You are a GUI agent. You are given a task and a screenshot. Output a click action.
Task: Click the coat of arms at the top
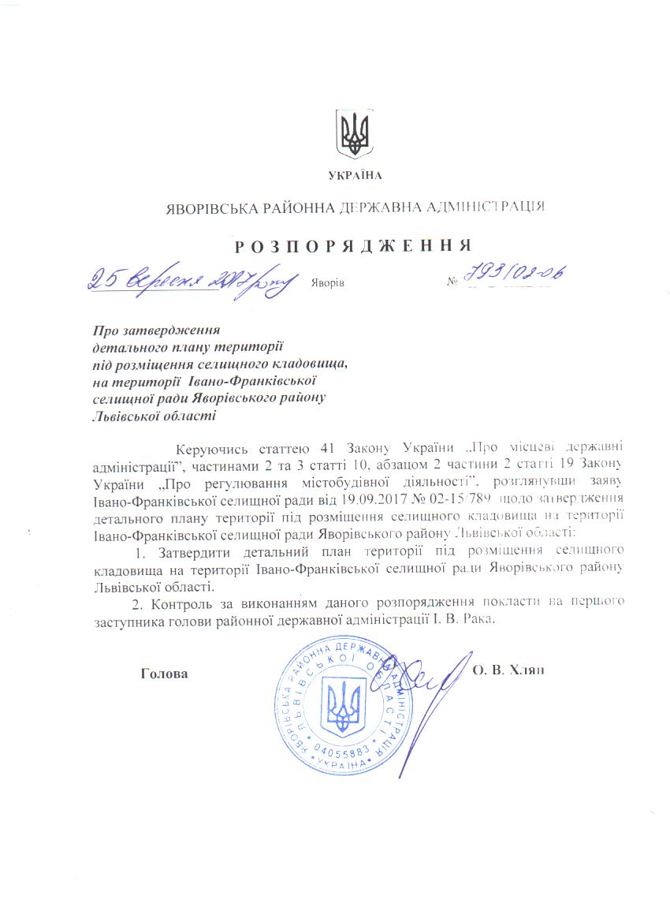pos(352,133)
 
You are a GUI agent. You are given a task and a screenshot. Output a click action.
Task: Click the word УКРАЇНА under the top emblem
pos(352,174)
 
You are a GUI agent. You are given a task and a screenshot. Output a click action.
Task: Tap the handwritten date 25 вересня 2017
pos(189,278)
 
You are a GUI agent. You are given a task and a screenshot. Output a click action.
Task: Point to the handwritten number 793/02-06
pos(516,275)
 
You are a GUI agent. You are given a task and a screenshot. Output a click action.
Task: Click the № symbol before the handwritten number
pos(452,282)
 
